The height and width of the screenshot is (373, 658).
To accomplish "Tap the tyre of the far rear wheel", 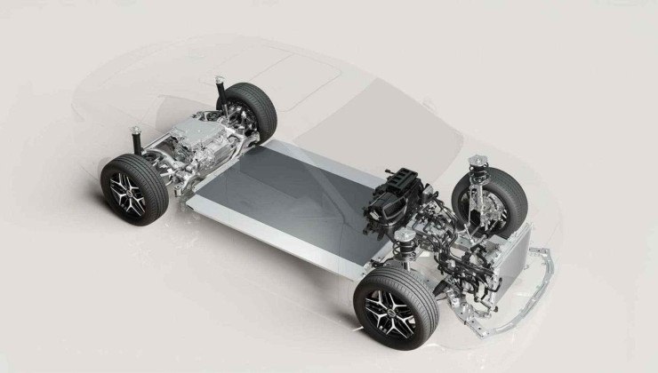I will [x=258, y=104].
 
